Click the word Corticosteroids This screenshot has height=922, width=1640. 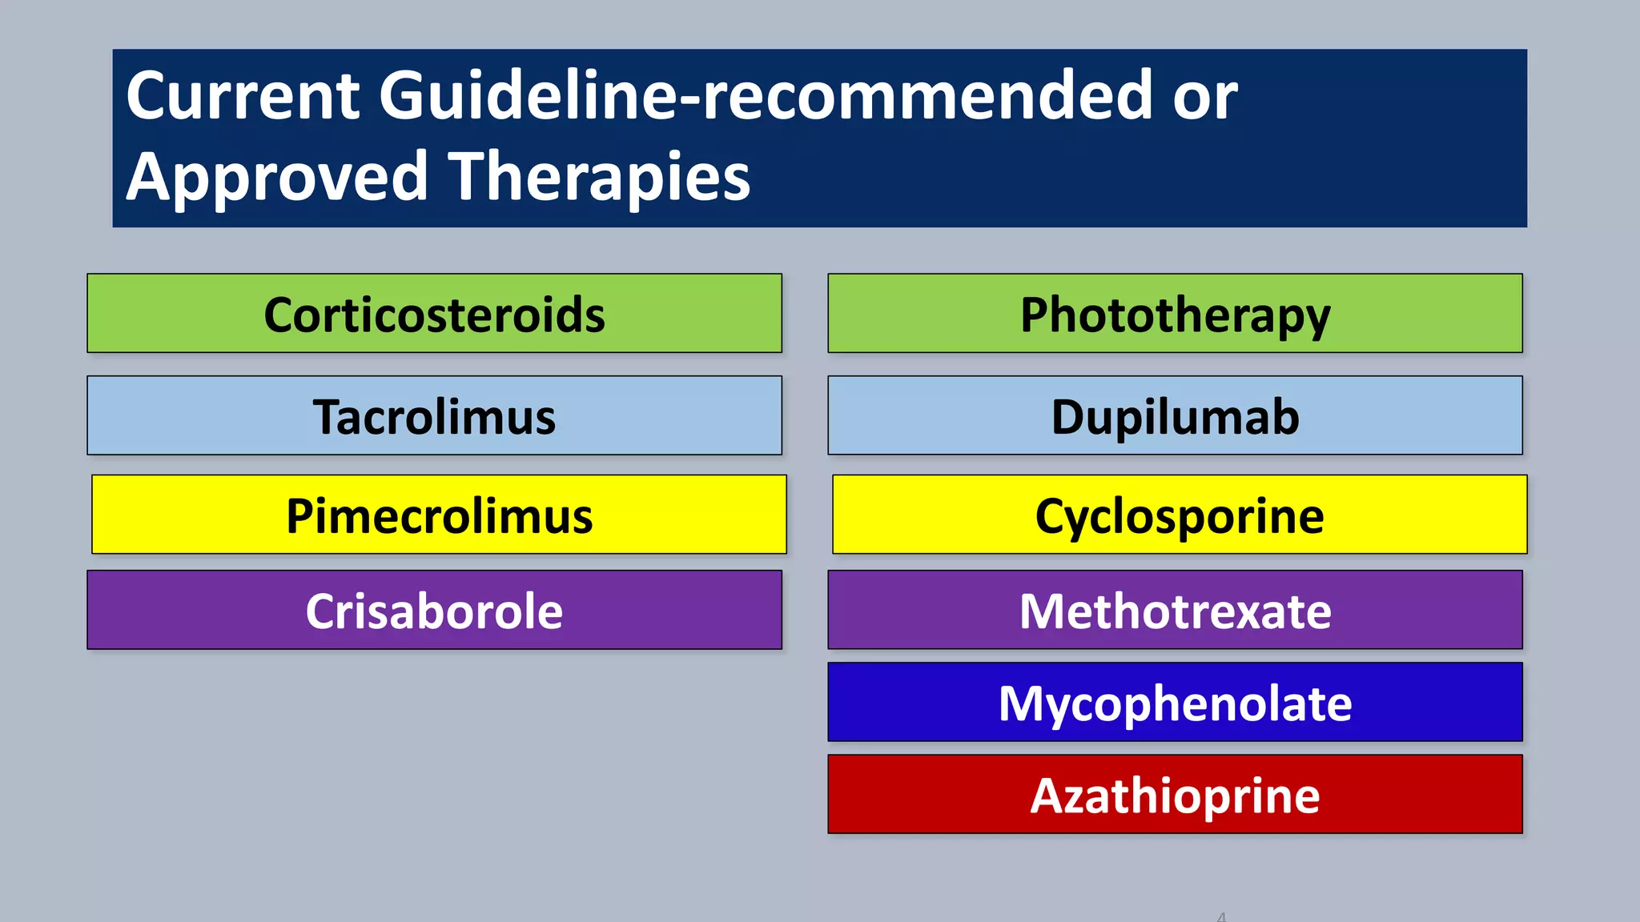coord(434,315)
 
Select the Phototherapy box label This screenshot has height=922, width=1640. coord(1175,315)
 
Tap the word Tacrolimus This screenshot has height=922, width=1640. coord(434,418)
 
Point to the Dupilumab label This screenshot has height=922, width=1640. coord(1175,418)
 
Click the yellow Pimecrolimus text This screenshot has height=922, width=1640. coord(439,516)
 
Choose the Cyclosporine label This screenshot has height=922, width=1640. coord(1179,516)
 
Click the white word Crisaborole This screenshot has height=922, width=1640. coord(434,611)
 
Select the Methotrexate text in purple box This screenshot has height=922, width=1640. coord(1175,611)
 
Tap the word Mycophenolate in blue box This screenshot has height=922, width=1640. coord(1175,704)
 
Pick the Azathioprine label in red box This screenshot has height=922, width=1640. coord(1175,796)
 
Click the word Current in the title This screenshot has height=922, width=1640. coord(243,96)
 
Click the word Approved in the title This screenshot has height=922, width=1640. coord(277,178)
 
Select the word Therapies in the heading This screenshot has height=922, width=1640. coord(599,178)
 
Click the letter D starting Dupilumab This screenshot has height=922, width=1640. coord(1068,418)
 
